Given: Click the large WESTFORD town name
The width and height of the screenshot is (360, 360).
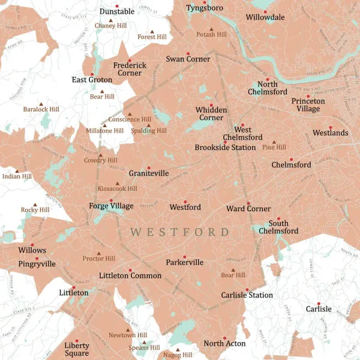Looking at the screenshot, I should (180, 232).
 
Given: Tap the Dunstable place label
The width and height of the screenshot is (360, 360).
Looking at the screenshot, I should (117, 11).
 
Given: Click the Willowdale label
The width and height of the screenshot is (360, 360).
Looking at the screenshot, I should (265, 17).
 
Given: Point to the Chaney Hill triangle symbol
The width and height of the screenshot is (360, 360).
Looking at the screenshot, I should (110, 20).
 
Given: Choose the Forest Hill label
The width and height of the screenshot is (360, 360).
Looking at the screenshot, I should (152, 37).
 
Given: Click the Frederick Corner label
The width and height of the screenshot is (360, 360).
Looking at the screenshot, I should (130, 69).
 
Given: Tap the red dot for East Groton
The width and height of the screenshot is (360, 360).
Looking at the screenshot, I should (92, 74).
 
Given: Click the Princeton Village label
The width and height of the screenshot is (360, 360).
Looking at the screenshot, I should (308, 105).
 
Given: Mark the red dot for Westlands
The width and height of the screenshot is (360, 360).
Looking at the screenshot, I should (330, 127).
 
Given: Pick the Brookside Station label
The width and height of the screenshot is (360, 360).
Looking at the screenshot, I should (225, 147).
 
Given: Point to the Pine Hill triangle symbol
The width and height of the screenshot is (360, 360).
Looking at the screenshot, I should (274, 142).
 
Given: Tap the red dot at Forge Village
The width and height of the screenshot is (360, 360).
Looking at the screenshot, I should (111, 200).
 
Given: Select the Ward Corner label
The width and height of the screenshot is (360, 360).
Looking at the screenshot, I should (248, 209).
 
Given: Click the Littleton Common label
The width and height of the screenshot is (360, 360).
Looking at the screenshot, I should (130, 275).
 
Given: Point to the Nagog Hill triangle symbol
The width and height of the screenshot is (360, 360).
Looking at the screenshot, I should (178, 349).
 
